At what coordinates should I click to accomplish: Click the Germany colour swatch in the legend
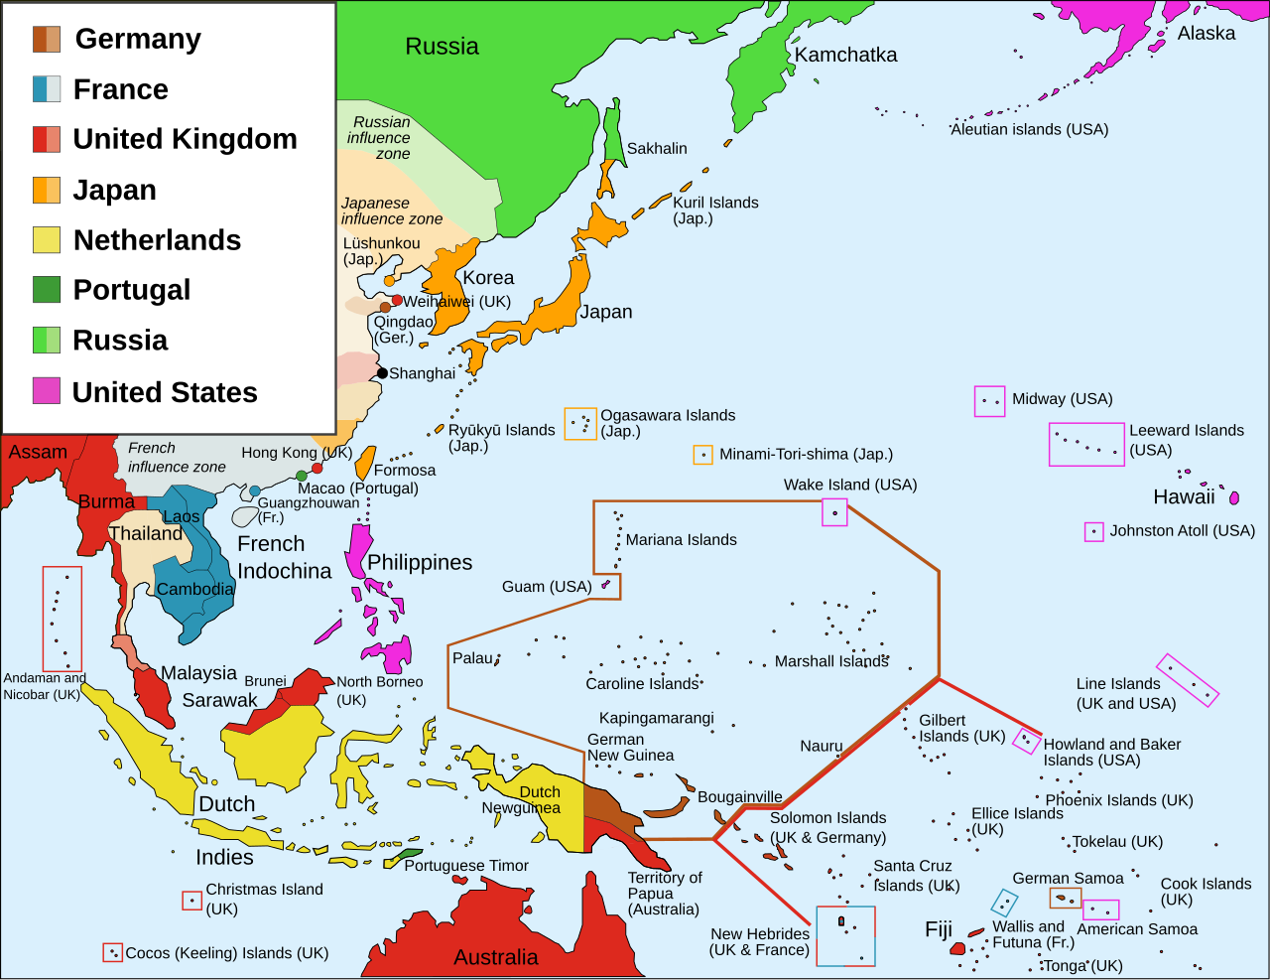click(47, 39)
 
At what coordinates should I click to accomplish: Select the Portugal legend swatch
click(47, 289)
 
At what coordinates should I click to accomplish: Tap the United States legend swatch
click(47, 391)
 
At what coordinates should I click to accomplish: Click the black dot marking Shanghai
click(382, 373)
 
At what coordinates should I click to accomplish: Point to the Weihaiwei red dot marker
click(397, 300)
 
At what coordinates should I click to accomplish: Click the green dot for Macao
click(302, 476)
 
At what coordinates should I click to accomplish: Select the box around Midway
click(989, 401)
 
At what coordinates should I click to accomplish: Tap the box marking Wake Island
click(834, 512)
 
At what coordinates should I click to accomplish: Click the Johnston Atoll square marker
click(1093, 532)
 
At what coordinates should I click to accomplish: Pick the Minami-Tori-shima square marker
click(702, 455)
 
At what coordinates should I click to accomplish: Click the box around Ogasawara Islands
click(580, 424)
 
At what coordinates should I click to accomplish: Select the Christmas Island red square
click(191, 901)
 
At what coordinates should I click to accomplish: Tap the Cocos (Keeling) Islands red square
click(112, 952)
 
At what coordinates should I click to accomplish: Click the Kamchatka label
click(845, 56)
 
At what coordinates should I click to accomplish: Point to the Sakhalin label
click(657, 149)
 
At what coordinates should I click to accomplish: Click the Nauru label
click(822, 747)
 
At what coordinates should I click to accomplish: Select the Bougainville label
click(739, 797)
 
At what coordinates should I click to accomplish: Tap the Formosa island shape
click(365, 463)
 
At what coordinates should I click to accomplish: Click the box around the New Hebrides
click(845, 935)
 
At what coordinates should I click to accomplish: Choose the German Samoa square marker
click(1065, 899)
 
